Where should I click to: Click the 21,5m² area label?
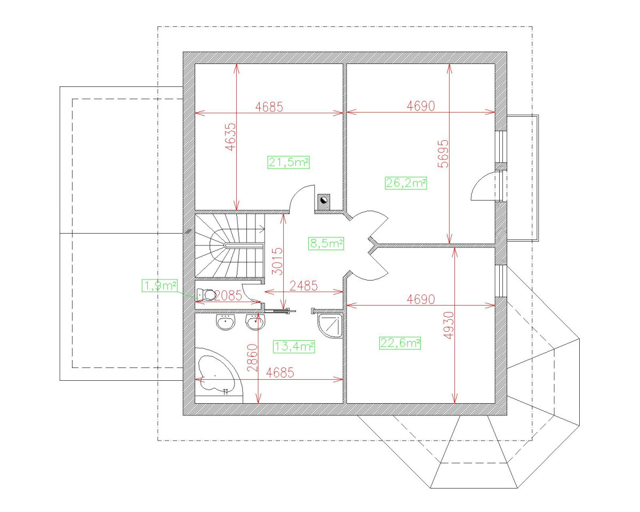(289, 163)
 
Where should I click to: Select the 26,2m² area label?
(406, 183)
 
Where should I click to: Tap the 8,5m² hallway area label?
(326, 244)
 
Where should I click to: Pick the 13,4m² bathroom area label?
(294, 347)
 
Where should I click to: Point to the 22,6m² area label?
(400, 343)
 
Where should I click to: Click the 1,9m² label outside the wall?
(159, 286)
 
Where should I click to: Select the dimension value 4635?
(231, 137)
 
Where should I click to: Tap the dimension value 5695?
(443, 154)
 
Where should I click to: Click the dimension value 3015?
(277, 261)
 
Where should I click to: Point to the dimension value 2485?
(303, 286)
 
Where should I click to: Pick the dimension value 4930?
(449, 325)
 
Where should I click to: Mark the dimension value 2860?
(252, 358)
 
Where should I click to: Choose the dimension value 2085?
(228, 295)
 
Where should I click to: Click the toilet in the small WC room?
(206, 294)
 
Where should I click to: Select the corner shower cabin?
(331, 326)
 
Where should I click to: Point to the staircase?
(229, 246)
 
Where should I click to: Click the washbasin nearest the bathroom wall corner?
(226, 322)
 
